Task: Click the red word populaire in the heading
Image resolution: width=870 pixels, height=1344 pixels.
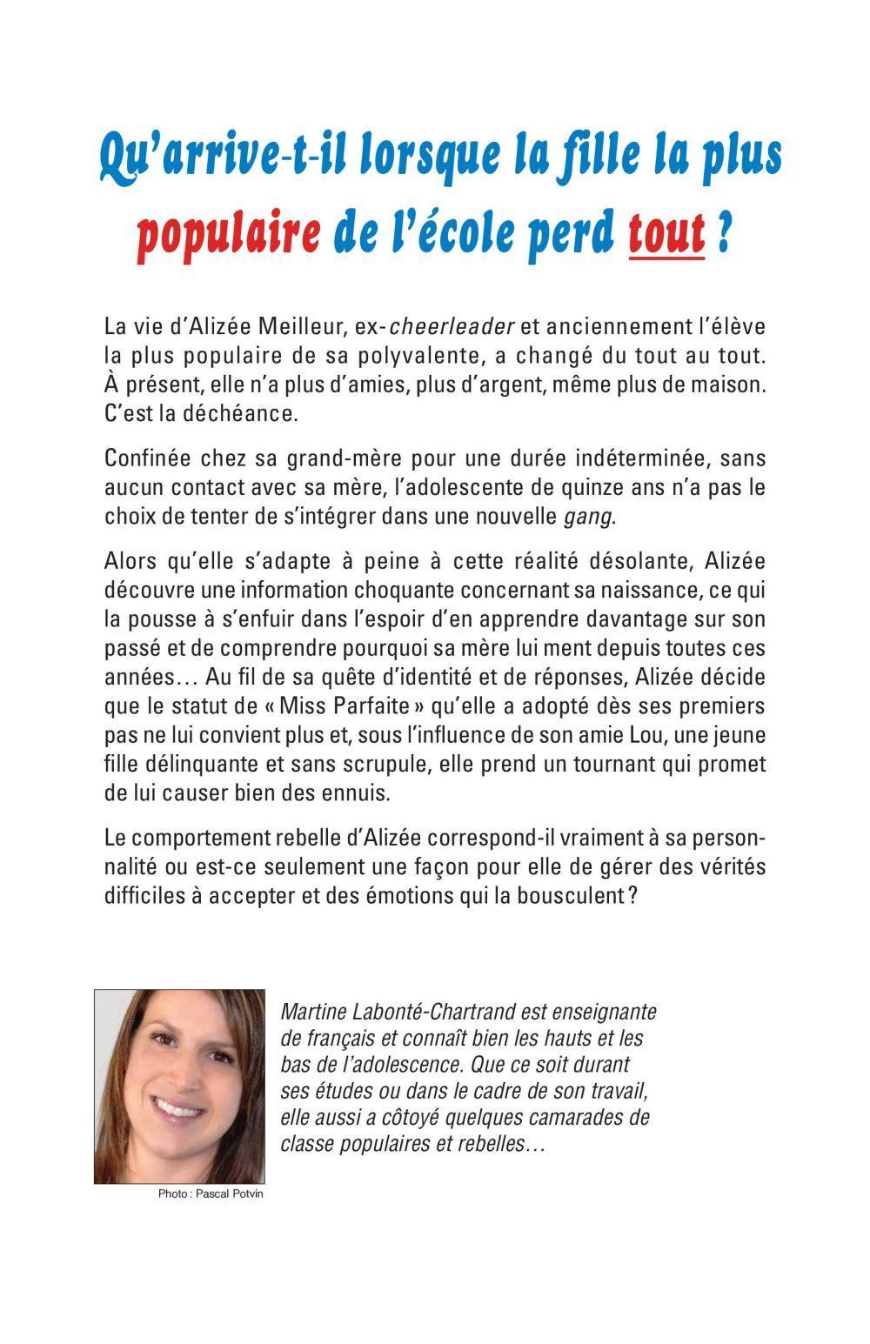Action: click(230, 234)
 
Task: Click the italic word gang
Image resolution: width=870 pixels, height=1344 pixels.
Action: click(590, 516)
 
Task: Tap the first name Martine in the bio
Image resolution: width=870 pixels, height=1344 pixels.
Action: click(311, 1012)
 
